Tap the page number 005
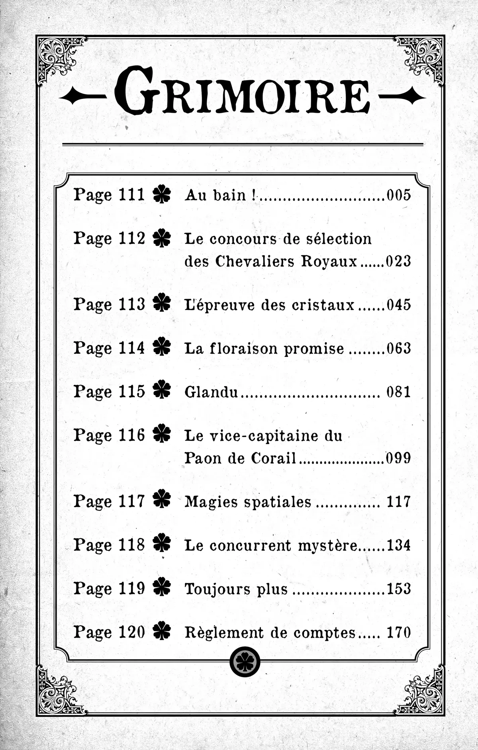point(398,195)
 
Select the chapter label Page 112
point(109,239)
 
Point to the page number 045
point(398,305)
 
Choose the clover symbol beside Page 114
point(162,347)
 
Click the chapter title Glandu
point(211,392)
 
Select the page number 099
point(398,458)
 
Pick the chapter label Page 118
point(109,545)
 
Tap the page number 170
point(398,633)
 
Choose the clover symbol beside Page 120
point(162,632)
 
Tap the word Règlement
point(224,633)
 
